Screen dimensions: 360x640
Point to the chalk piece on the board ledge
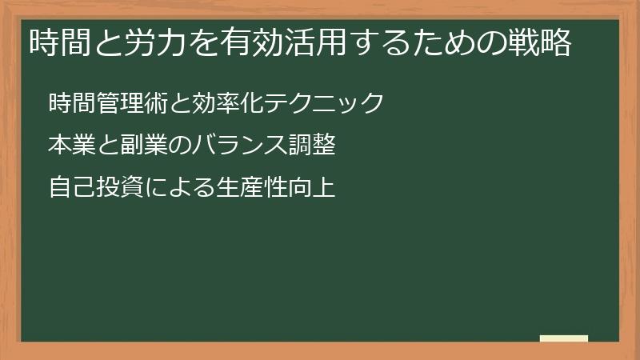click(564, 338)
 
